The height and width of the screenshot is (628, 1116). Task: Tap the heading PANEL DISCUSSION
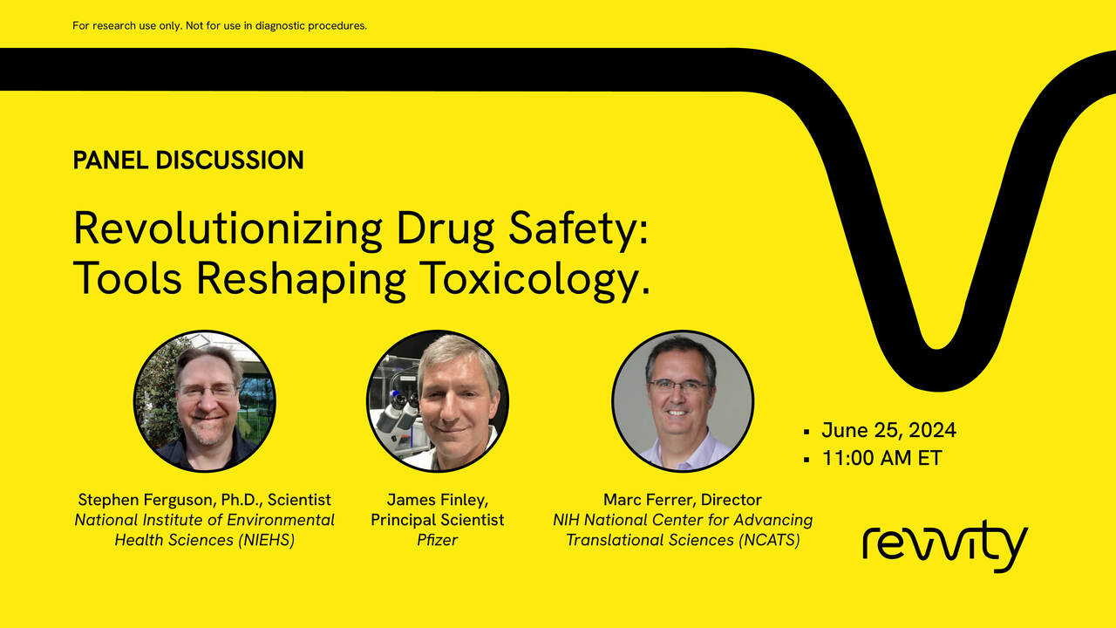point(188,160)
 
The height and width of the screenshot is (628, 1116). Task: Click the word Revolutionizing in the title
point(228,229)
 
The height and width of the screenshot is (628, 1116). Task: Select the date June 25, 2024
point(888,430)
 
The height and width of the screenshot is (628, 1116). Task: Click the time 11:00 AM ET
point(881,458)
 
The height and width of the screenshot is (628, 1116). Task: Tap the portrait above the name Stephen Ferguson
point(205,401)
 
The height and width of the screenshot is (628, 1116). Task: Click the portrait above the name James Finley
point(438,401)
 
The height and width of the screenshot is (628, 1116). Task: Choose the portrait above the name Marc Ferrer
point(683,401)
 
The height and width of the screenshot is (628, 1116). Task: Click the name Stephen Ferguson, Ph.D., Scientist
point(205,500)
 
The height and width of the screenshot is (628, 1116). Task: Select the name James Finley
point(438,500)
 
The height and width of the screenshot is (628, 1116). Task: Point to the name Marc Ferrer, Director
point(683,500)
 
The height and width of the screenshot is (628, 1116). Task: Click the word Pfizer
point(438,540)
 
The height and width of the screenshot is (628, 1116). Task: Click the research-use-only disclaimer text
point(220,25)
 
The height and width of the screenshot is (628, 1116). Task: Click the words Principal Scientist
point(438,520)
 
